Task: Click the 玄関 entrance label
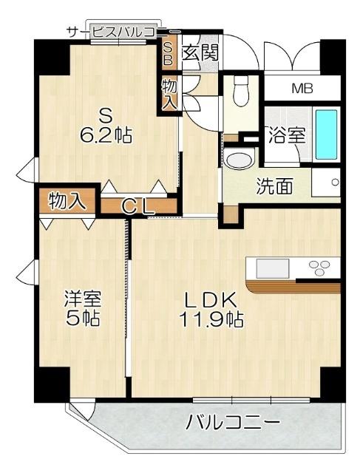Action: pos(200,52)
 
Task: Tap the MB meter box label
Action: pos(302,89)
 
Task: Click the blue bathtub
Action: pos(326,134)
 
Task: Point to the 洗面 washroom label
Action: pos(274,186)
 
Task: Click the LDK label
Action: pos(210,300)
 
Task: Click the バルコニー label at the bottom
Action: pos(233,424)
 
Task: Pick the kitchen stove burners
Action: pos(324,266)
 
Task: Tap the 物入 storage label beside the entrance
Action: pos(169,94)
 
